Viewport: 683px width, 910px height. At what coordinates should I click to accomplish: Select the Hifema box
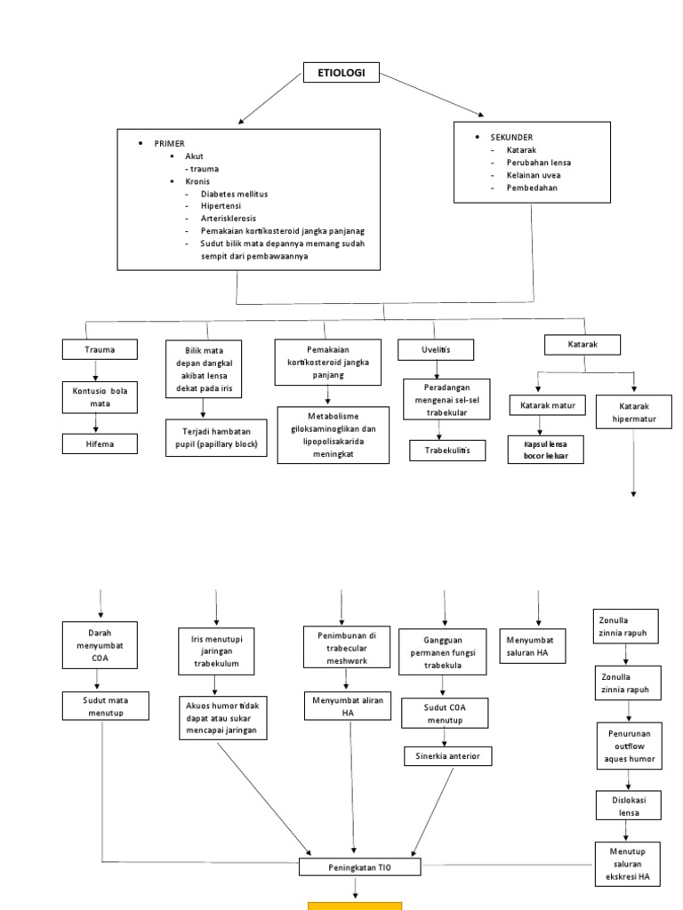click(x=100, y=443)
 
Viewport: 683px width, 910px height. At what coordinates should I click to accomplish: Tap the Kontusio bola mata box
click(x=100, y=396)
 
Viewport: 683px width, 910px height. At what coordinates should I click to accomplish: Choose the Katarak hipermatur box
click(x=634, y=412)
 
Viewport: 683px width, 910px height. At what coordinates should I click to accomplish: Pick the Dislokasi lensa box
click(x=627, y=805)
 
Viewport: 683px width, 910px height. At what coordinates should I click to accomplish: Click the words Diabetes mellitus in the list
click(x=234, y=193)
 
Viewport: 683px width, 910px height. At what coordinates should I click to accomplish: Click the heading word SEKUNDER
click(x=511, y=138)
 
